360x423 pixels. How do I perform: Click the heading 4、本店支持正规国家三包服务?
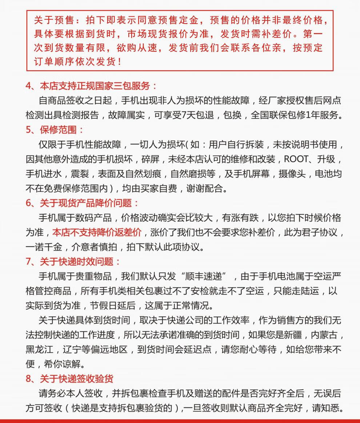coord(91,86)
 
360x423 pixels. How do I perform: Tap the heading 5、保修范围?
coord(55,130)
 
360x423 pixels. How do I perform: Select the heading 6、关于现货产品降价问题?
coord(82,203)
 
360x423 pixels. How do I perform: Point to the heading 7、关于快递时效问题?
coord(73,262)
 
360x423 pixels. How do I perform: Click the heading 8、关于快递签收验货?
coord(69,379)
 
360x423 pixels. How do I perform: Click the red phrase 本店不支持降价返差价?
coord(97,232)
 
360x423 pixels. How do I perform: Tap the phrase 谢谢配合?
coord(209,188)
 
